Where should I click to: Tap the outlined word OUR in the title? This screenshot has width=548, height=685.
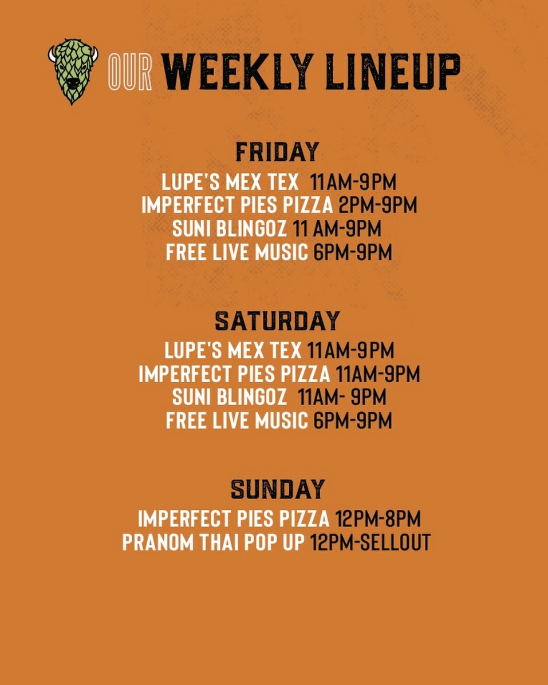[x=130, y=73]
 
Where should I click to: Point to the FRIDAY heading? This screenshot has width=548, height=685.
[x=277, y=152]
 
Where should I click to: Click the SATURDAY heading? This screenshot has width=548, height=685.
[x=277, y=321]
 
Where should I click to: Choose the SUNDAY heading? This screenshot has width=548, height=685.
[x=277, y=489]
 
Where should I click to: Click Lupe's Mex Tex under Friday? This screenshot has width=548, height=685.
[x=230, y=183]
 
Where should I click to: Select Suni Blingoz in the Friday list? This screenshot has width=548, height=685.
[x=230, y=229]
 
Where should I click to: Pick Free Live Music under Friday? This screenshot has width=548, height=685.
[x=237, y=252]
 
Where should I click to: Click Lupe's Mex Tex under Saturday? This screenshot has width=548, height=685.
[x=232, y=350]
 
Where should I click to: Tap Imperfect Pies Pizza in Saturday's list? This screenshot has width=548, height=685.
[x=235, y=374]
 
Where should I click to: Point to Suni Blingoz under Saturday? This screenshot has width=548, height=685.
[x=230, y=397]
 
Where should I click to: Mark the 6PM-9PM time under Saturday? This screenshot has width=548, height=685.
[x=353, y=421]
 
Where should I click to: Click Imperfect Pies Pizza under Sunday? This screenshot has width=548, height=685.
[x=234, y=519]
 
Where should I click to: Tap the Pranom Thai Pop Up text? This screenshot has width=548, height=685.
[x=214, y=543]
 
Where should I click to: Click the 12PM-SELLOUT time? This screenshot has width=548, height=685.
[x=370, y=543]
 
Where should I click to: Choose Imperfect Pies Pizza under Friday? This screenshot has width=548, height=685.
[x=237, y=205]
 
